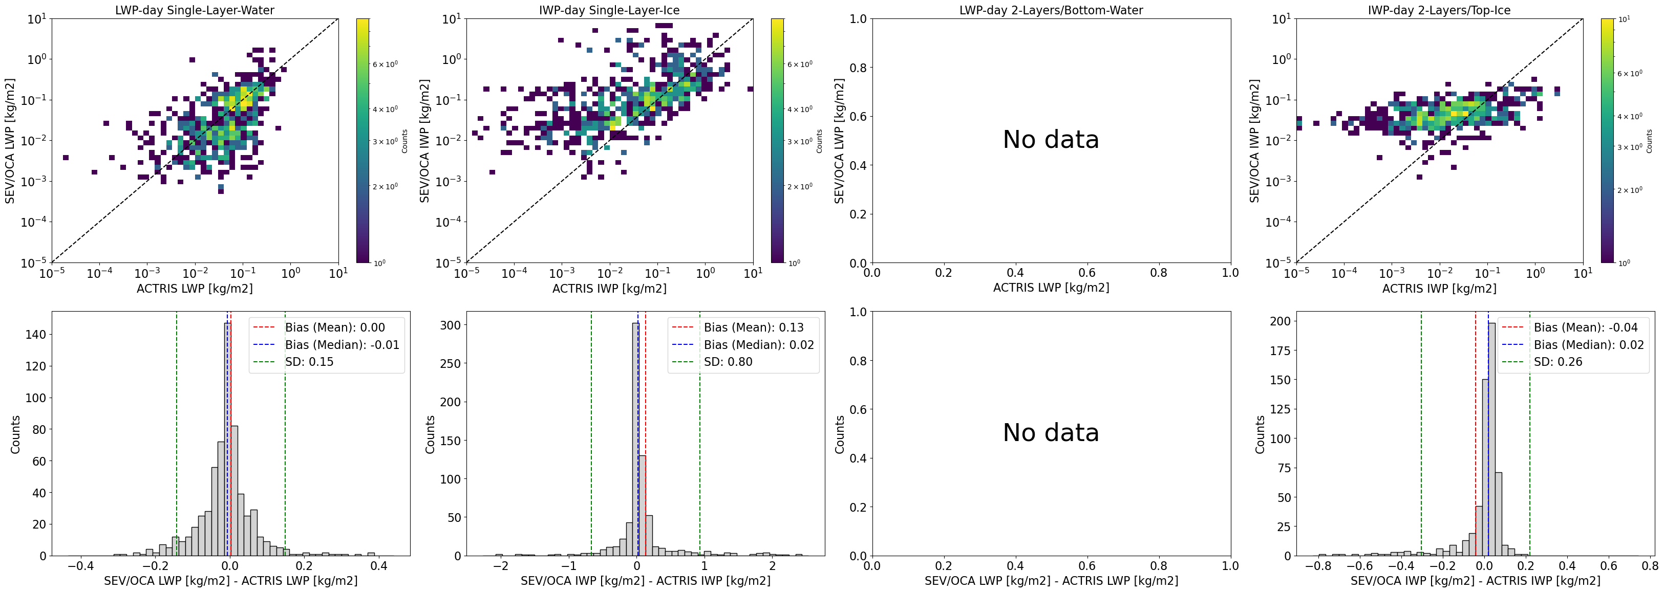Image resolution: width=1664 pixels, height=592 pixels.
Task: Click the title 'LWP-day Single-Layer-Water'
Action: tap(195, 10)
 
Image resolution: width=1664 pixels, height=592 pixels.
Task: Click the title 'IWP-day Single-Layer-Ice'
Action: tap(609, 10)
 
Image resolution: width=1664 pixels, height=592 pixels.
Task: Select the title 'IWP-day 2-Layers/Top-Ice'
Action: tap(1439, 10)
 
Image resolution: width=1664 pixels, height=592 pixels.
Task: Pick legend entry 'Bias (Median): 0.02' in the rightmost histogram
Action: tap(1588, 345)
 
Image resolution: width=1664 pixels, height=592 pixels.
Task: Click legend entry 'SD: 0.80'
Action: tap(728, 362)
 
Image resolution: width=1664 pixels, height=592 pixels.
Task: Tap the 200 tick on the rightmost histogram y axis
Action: tap(1281, 321)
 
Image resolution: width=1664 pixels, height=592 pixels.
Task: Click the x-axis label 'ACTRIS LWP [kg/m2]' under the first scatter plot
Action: tap(195, 289)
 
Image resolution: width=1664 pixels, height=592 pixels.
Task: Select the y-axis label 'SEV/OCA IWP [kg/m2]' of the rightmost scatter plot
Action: tap(1254, 141)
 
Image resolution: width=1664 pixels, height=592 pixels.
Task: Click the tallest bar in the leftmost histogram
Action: tap(227, 439)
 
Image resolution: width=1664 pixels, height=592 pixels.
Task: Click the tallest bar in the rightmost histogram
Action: tap(1491, 439)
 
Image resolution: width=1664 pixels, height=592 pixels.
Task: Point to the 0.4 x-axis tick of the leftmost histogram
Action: tap(378, 566)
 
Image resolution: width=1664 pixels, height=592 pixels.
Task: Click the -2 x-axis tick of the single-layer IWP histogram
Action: tap(501, 566)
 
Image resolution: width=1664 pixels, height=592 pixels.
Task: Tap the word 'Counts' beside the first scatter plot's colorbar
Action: tap(404, 141)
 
